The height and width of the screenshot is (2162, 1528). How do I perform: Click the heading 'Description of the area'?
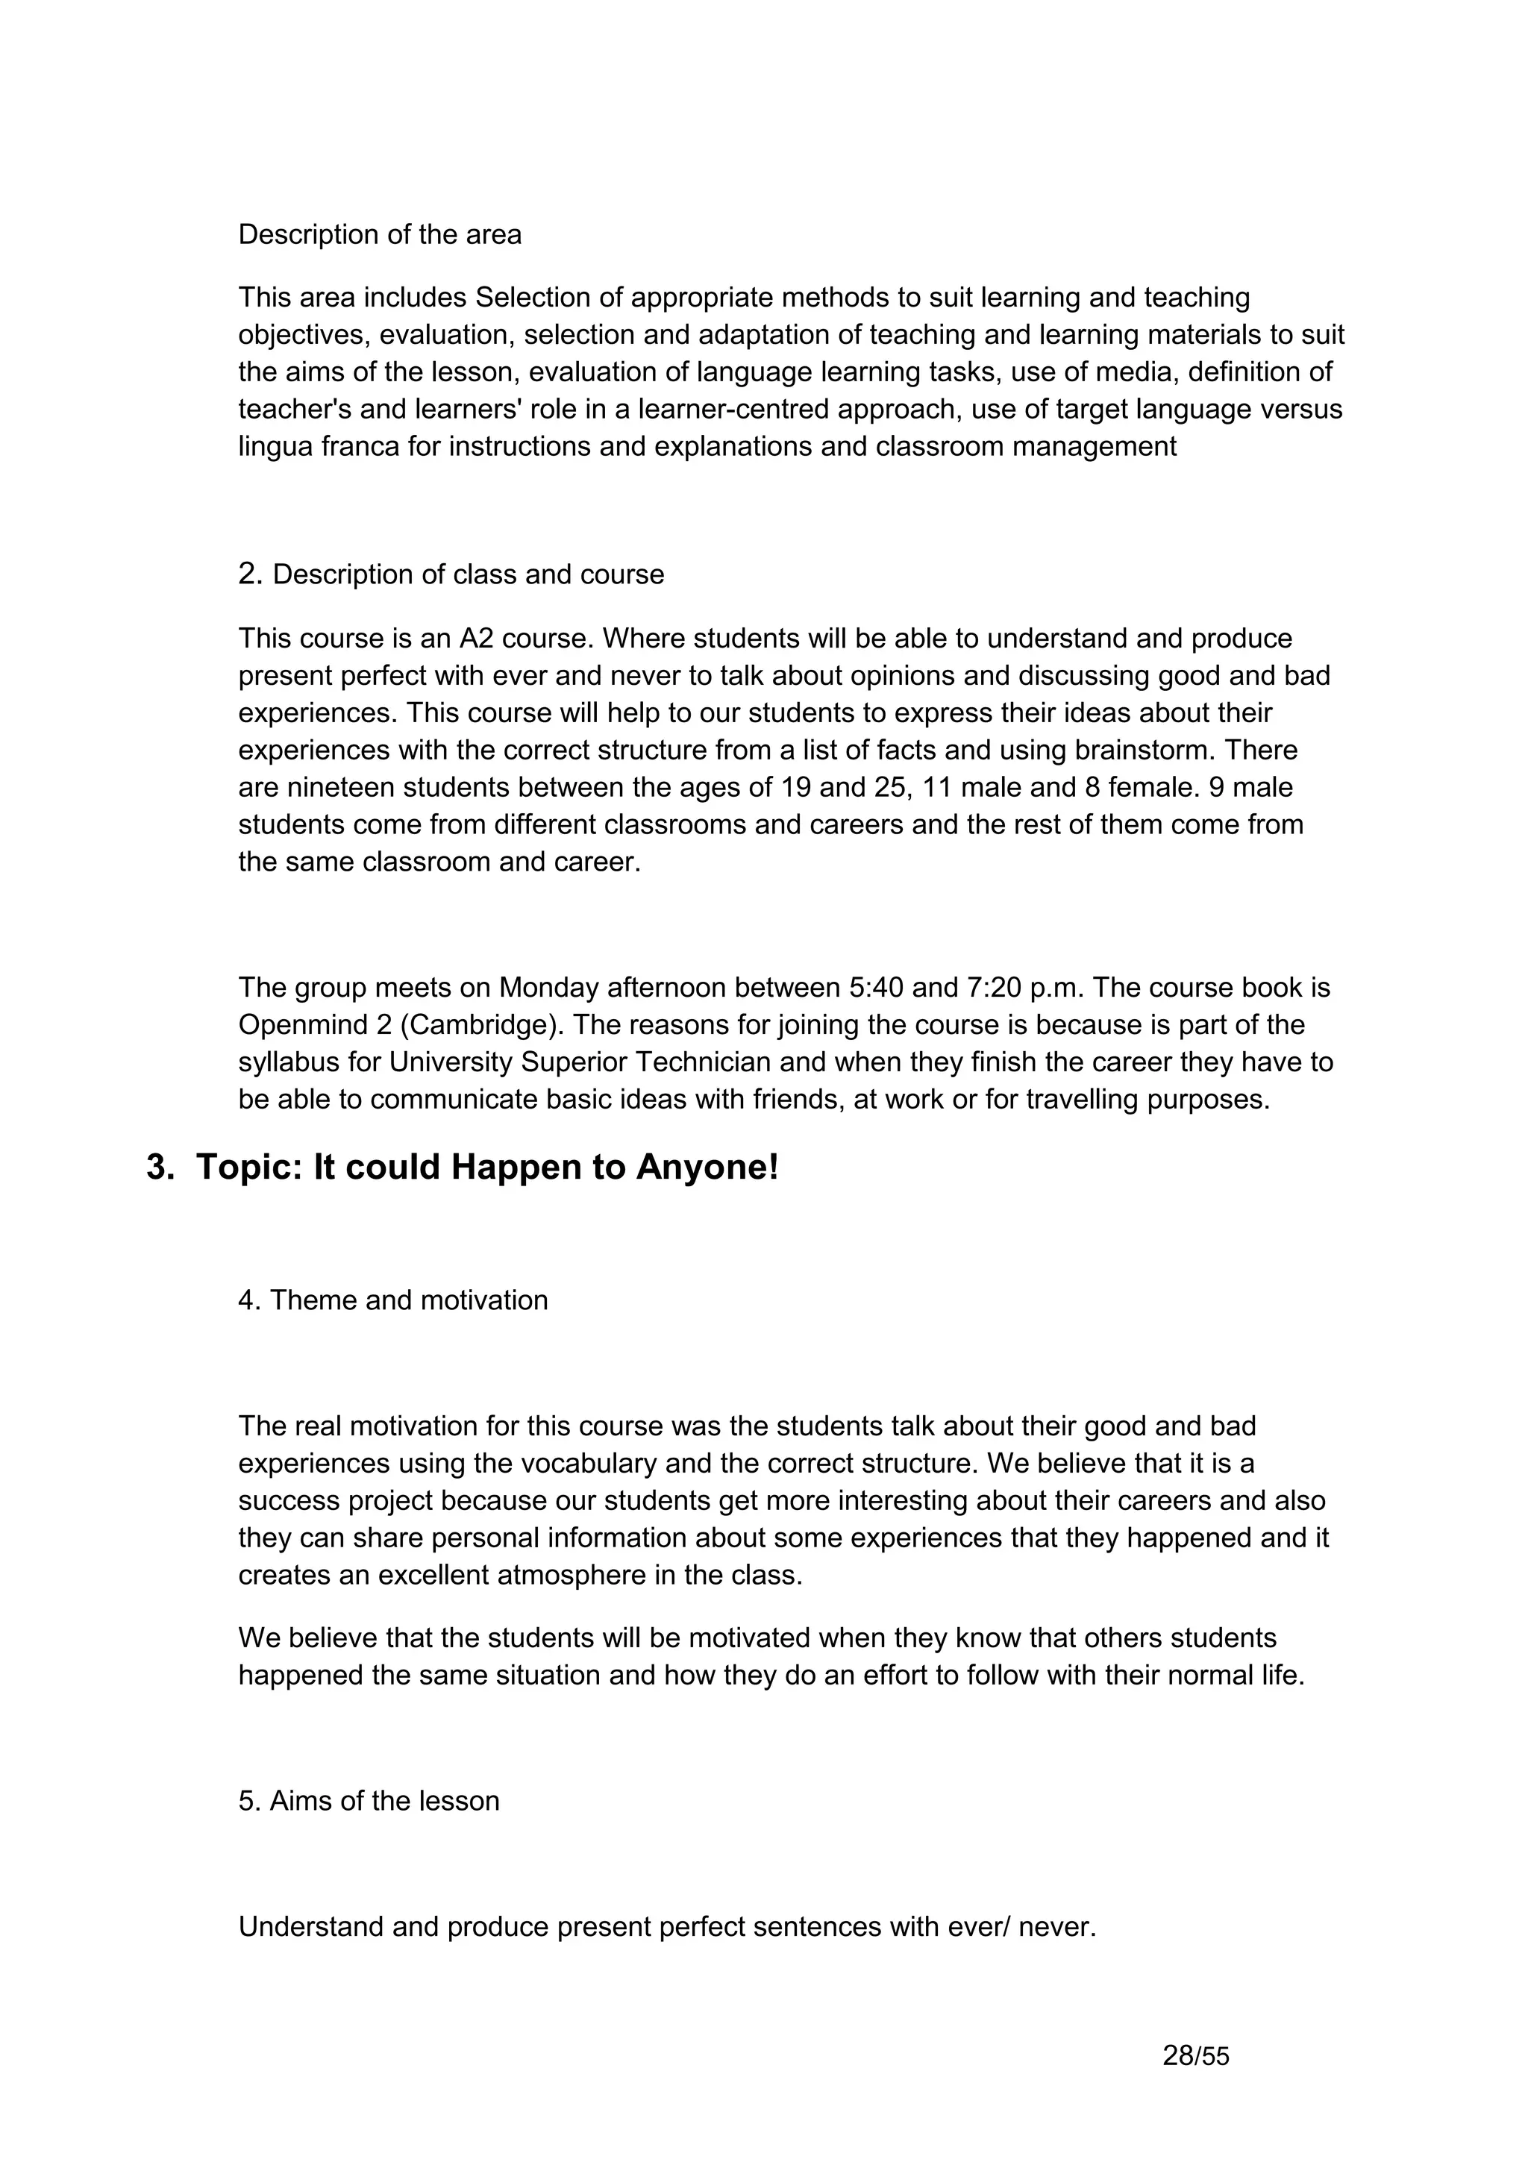click(x=380, y=234)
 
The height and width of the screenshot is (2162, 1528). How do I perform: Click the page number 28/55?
click(x=1196, y=2055)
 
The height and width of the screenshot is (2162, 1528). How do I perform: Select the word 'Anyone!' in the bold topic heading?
click(x=707, y=1168)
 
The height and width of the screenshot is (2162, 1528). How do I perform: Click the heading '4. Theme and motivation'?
click(x=392, y=1300)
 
